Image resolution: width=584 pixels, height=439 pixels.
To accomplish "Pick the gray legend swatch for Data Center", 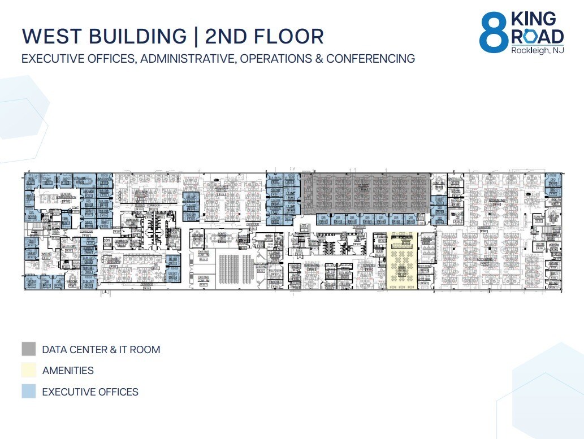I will pyautogui.click(x=29, y=349).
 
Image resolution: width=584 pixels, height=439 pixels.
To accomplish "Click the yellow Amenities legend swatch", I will pyautogui.click(x=29, y=371).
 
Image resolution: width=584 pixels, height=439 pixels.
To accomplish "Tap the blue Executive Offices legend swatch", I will pyautogui.click(x=29, y=392).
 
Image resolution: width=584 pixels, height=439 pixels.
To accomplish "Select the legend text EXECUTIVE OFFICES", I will pyautogui.click(x=90, y=392).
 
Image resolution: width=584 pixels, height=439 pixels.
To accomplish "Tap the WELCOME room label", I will pyautogui.click(x=72, y=281).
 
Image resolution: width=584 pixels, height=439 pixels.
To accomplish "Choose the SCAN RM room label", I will pyautogui.click(x=538, y=216).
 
